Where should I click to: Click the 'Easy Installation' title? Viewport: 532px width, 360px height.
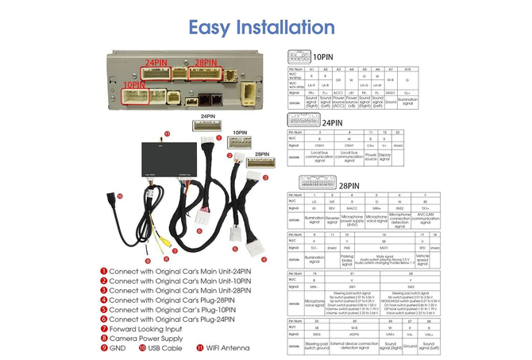coord(263,26)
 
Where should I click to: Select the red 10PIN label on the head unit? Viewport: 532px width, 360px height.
coord(134,84)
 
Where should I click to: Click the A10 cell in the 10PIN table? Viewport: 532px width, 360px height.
coord(407,70)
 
